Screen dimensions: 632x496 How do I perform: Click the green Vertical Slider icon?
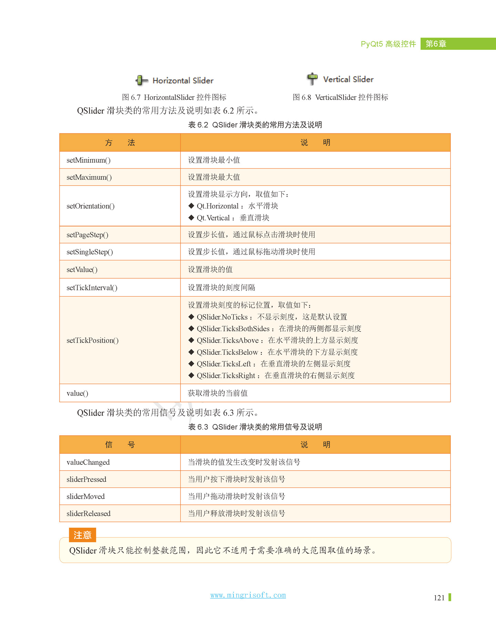click(x=312, y=79)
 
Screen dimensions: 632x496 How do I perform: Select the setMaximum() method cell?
click(x=89, y=177)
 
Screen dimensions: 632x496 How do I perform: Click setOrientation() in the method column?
click(x=91, y=206)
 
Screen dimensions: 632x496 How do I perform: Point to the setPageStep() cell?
click(x=87, y=235)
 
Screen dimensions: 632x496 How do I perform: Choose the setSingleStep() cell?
click(x=90, y=252)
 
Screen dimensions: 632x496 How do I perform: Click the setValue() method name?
click(x=82, y=270)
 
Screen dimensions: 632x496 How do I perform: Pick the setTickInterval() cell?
click(x=92, y=288)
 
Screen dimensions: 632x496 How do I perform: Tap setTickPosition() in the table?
click(x=93, y=340)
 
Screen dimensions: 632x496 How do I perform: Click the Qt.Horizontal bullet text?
click(x=217, y=206)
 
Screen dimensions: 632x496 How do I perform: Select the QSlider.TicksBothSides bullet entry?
click(x=233, y=329)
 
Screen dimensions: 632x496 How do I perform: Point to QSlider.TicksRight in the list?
click(x=226, y=375)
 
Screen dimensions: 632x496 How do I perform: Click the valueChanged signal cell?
click(x=88, y=462)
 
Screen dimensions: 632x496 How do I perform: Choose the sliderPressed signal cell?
click(x=86, y=479)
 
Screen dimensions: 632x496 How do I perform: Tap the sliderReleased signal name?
click(x=89, y=513)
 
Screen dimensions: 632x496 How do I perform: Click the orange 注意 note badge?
click(x=82, y=535)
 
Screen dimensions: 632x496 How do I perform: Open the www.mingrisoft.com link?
click(x=248, y=595)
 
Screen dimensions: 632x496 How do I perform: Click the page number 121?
click(x=439, y=598)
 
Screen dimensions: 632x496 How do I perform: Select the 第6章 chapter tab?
click(x=436, y=44)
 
